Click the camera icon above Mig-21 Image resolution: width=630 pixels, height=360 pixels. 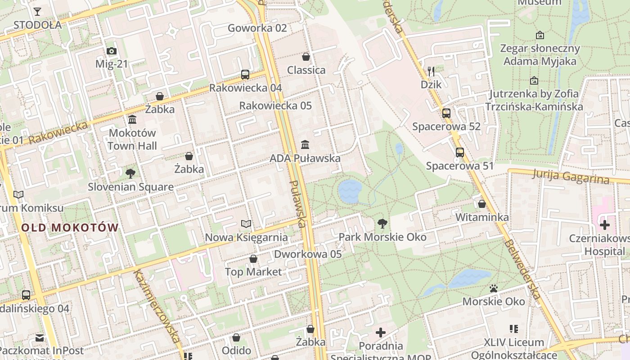click(x=112, y=51)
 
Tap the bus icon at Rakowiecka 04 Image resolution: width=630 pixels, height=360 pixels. click(x=245, y=75)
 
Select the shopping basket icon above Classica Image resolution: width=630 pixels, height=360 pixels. click(x=306, y=57)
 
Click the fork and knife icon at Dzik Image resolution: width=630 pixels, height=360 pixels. click(x=431, y=71)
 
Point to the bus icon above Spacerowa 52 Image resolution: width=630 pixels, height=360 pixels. click(x=446, y=113)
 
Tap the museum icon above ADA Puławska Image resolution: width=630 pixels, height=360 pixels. click(x=305, y=145)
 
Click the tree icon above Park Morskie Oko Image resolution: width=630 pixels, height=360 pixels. click(x=382, y=223)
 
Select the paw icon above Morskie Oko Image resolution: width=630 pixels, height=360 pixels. click(x=494, y=288)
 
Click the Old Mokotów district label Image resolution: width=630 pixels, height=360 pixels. click(x=70, y=228)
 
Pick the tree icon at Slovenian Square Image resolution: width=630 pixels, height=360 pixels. click(x=130, y=173)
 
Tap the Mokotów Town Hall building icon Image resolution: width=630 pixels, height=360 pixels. click(x=132, y=120)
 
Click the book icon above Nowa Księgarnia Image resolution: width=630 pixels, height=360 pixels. click(x=246, y=224)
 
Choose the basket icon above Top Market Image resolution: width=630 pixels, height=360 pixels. click(x=253, y=259)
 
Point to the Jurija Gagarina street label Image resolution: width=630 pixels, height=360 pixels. click(x=570, y=176)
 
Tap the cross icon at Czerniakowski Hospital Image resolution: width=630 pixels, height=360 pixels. click(x=605, y=225)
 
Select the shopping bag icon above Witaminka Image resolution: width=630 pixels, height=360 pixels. click(x=482, y=204)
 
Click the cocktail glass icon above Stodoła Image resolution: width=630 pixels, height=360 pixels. click(x=37, y=12)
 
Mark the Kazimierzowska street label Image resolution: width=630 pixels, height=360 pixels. click(x=157, y=306)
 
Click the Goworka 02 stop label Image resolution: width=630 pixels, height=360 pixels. click(x=257, y=28)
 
